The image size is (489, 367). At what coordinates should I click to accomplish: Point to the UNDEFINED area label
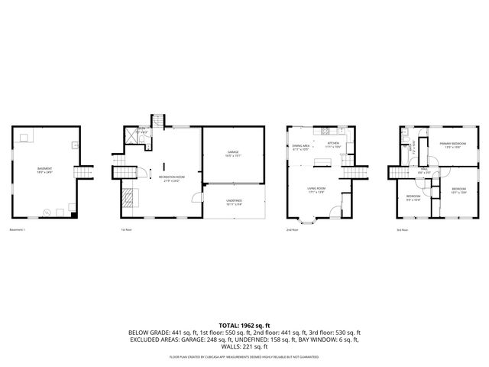[233, 202]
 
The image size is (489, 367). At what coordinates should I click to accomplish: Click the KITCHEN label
[332, 144]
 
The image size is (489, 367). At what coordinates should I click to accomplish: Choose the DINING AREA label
[301, 147]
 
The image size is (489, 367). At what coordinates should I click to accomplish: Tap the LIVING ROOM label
[317, 191]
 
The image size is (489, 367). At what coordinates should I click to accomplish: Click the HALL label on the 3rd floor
[423, 171]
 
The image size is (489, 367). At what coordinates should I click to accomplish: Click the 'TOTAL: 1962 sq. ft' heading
[244, 326]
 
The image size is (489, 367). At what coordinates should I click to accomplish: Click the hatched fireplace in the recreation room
[128, 198]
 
